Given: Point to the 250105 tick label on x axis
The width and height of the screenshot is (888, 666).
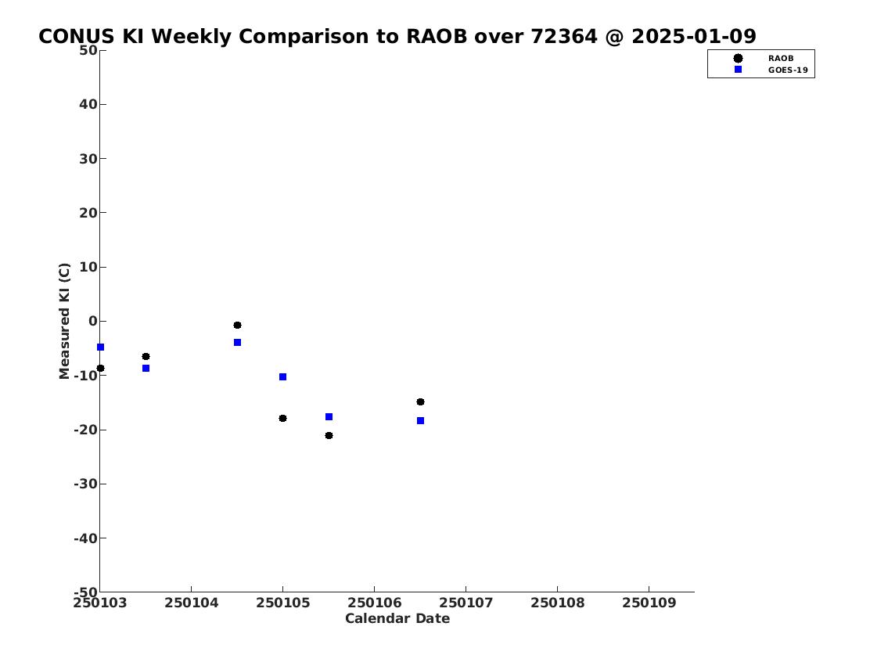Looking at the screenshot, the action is pos(282,603).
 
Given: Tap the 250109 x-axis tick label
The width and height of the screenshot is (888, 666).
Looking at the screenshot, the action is pos(649,603).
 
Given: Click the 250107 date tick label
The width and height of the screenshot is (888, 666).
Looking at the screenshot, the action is pos(466,603).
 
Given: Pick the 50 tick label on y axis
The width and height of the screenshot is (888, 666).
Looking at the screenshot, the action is pos(88,50).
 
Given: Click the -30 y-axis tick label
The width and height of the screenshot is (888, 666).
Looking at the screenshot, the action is pos(85,484).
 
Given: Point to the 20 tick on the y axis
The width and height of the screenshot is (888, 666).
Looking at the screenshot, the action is pos(88,213).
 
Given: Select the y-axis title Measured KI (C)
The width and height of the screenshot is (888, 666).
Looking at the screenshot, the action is pos(65,321).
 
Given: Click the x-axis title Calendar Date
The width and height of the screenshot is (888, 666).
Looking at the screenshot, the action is pos(397,618).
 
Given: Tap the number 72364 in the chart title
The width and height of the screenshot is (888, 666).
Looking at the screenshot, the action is pos(563,36).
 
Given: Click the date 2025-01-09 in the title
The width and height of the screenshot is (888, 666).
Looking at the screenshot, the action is pos(694,36).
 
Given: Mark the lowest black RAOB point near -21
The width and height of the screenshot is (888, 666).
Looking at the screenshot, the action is pos(329,435).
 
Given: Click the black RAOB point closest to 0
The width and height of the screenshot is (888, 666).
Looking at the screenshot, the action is pos(237,325).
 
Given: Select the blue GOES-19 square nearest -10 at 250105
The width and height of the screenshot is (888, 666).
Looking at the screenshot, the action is pos(282,377).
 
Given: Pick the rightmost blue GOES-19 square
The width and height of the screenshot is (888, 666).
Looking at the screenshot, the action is pos(420,421).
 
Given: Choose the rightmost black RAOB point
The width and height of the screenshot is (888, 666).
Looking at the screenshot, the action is pos(420,402).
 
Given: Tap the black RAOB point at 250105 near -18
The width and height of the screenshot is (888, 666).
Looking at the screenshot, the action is pos(282,419).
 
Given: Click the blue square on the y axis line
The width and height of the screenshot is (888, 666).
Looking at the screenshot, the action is pos(100,347).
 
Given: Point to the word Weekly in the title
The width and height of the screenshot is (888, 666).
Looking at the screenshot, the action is pos(192,36).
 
